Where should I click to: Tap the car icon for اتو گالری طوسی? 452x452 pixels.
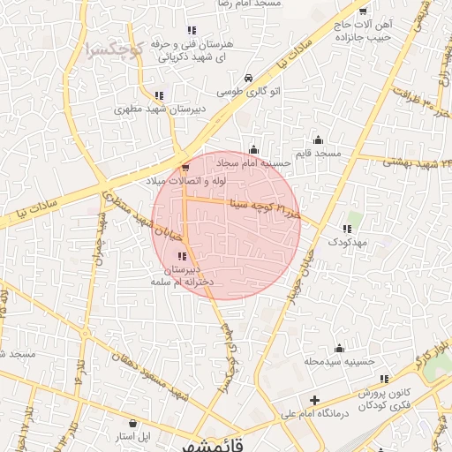(250, 77)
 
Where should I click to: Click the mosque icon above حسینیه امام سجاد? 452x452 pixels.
(254, 148)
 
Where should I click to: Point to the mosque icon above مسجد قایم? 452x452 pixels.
(319, 139)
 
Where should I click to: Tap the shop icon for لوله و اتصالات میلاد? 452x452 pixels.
(185, 166)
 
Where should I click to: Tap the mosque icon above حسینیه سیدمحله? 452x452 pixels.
(339, 349)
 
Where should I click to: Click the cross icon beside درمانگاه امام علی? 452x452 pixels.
(314, 400)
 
